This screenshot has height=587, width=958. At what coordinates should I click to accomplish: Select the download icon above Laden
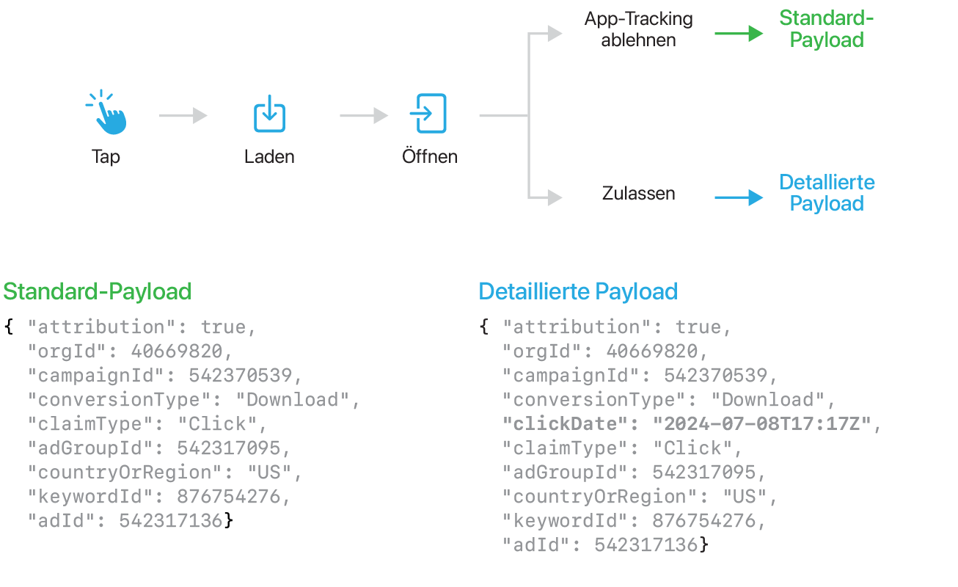(x=269, y=114)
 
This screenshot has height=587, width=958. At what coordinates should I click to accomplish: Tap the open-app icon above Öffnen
(x=430, y=113)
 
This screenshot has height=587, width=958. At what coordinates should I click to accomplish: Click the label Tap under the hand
(x=106, y=156)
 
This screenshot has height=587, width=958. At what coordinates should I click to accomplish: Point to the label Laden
(x=269, y=156)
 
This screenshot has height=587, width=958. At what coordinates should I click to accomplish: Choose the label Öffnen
(x=430, y=156)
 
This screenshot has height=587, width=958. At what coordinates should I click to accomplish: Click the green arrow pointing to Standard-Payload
(x=739, y=33)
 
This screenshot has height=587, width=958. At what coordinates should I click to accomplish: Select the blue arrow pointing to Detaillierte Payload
(x=739, y=197)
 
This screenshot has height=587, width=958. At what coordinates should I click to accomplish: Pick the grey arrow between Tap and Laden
(x=183, y=115)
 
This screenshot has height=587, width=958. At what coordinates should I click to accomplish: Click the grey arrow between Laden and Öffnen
(x=364, y=115)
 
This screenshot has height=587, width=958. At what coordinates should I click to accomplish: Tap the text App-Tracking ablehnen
(x=638, y=29)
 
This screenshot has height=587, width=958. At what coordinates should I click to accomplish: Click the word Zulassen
(x=638, y=194)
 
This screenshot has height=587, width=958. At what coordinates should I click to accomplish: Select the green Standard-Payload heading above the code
(x=97, y=291)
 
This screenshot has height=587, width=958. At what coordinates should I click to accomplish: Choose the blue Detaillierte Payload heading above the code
(x=578, y=291)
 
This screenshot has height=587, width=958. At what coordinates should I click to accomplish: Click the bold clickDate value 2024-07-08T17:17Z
(x=762, y=424)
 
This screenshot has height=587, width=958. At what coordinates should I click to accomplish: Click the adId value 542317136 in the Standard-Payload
(x=170, y=521)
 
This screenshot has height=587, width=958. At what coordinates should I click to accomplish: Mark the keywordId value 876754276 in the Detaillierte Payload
(x=703, y=521)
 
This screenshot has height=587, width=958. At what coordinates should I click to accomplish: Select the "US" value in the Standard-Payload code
(x=268, y=473)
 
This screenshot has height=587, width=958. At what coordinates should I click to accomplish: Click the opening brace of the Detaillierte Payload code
(x=484, y=327)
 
